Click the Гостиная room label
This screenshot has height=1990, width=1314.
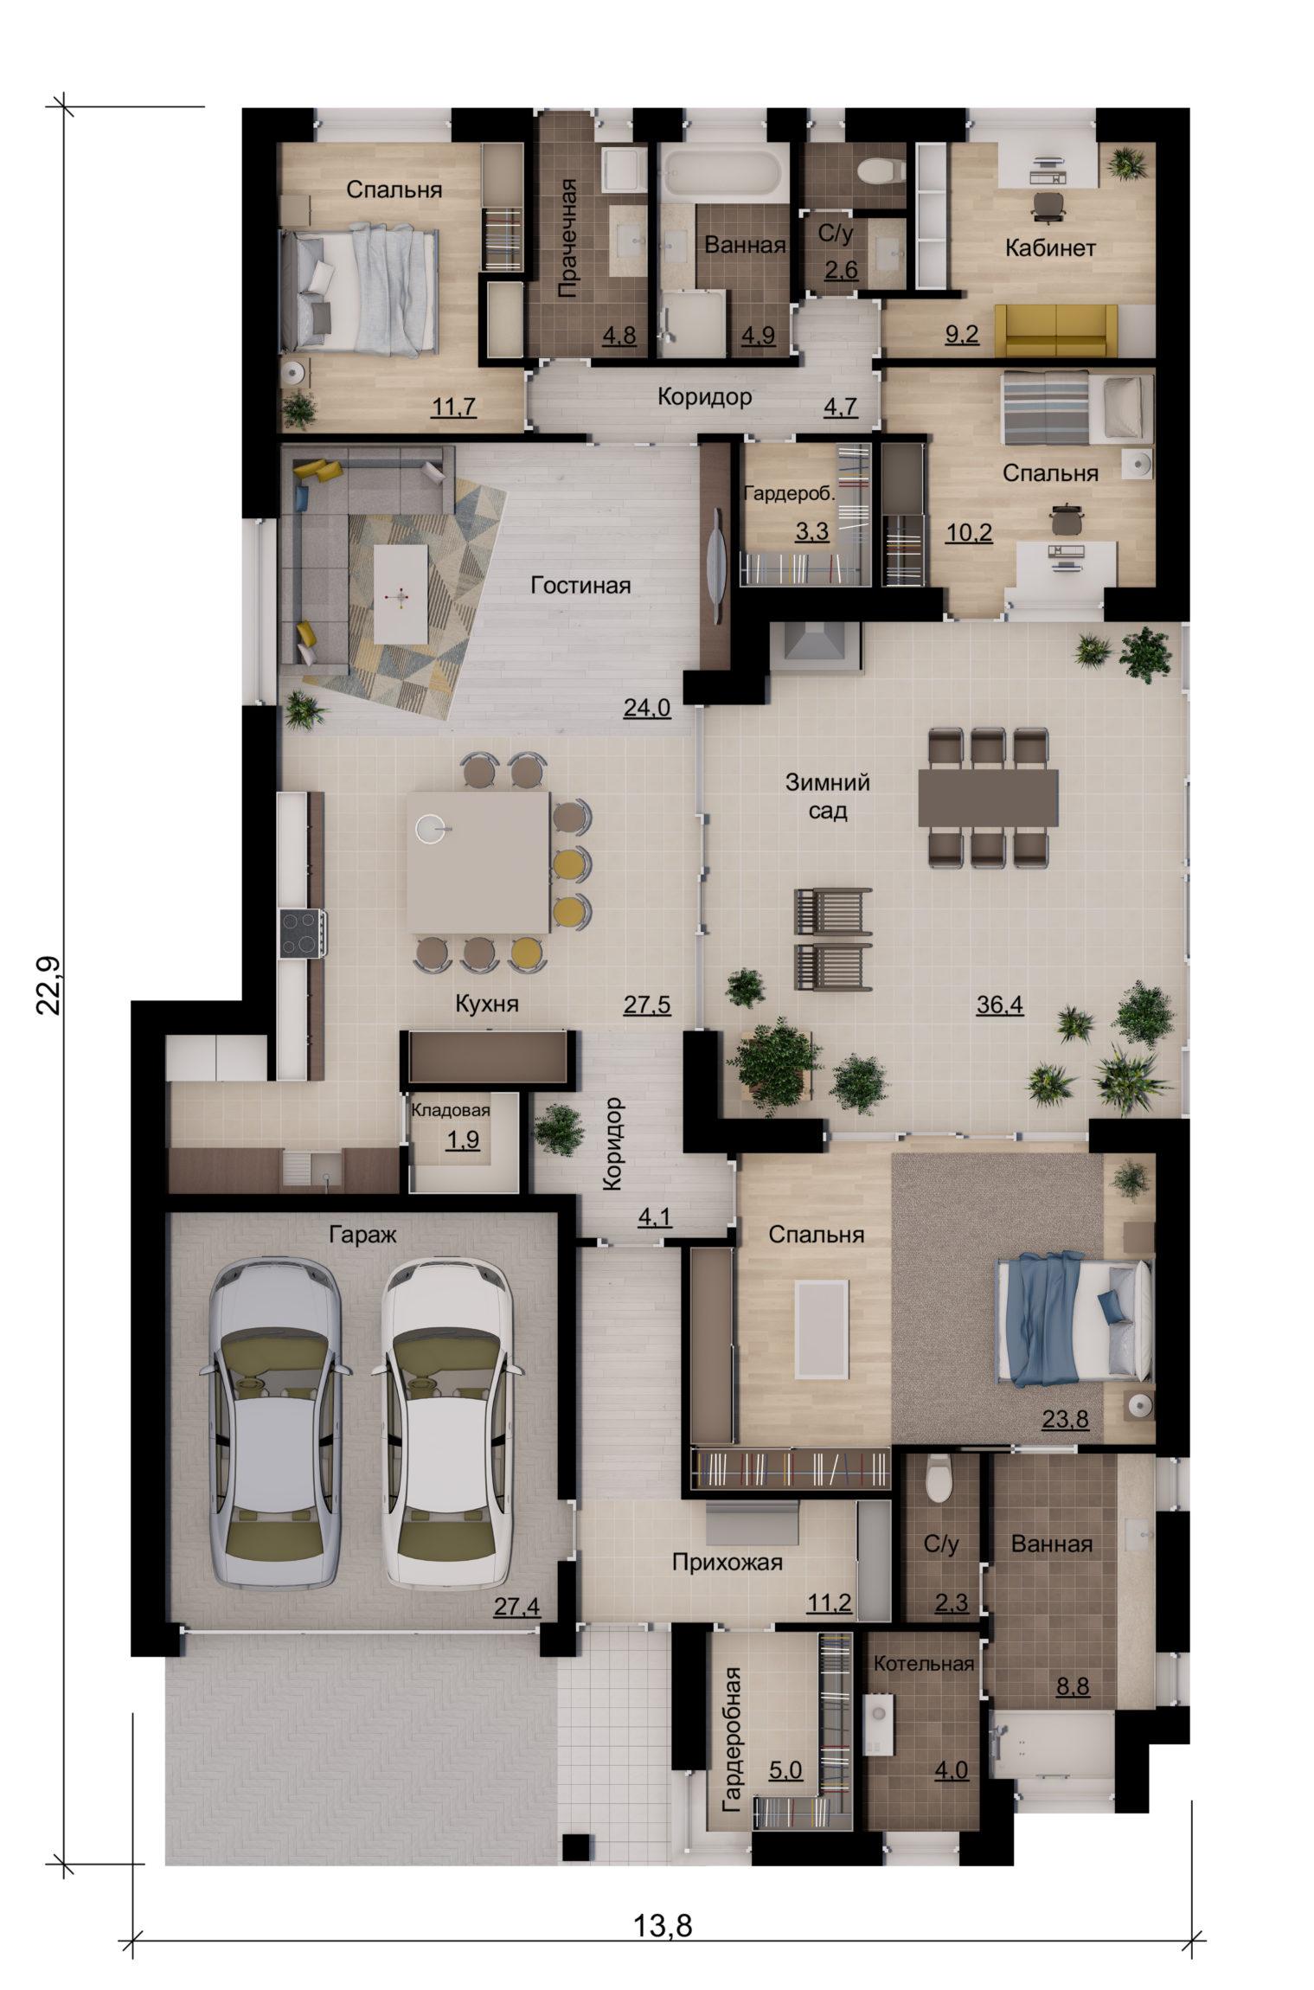580,586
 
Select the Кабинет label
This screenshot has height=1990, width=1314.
1050,248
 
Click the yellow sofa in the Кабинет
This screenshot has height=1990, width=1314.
1056,330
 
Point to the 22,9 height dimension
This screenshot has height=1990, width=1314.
49,986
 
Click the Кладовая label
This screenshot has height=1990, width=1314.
451,1111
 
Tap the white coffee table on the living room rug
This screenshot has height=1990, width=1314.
401,594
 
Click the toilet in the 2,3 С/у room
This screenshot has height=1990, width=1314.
939,1481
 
